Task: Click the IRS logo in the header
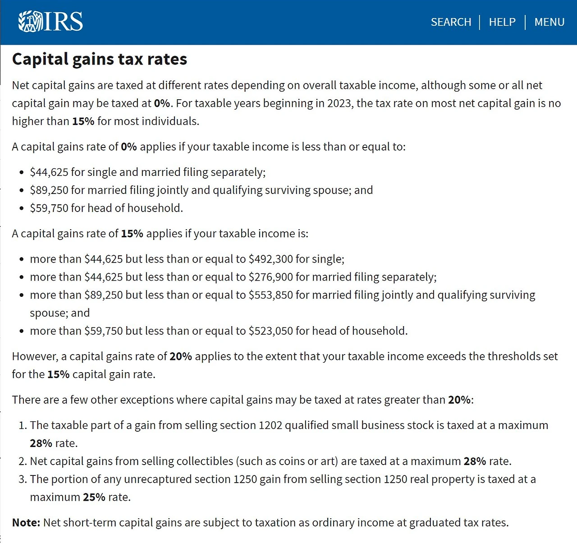point(50,21)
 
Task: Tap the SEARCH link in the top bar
point(451,22)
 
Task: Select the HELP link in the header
point(502,22)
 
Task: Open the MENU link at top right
point(549,22)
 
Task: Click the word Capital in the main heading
point(40,59)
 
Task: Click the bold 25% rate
point(94,497)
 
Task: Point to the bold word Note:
point(26,522)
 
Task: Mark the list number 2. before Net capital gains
point(23,461)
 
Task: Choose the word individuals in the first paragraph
point(170,121)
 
